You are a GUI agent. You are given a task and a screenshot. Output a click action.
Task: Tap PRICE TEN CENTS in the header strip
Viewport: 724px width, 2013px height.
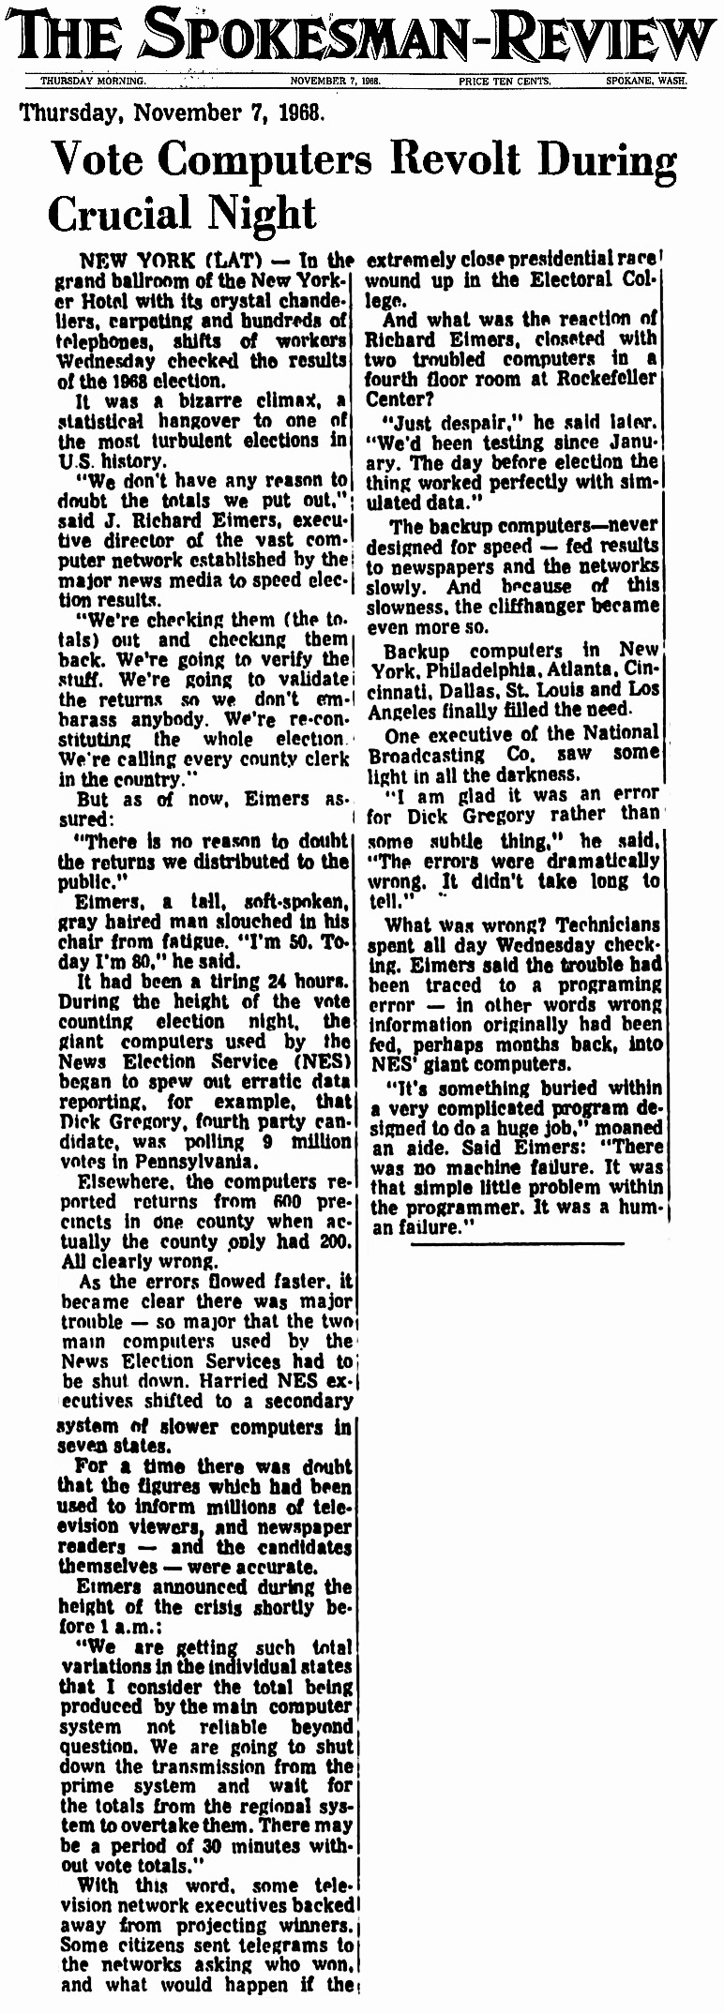point(505,82)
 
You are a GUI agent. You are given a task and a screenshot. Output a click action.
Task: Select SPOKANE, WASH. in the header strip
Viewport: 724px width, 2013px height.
point(645,82)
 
